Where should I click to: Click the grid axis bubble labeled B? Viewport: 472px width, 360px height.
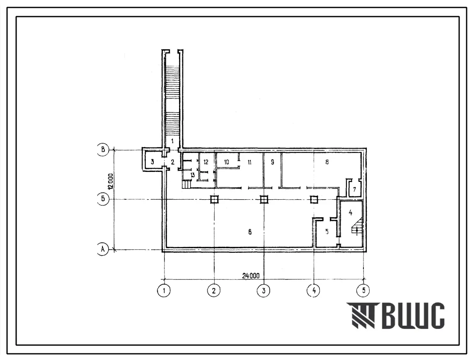103,150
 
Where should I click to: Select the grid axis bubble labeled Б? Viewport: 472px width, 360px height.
103,199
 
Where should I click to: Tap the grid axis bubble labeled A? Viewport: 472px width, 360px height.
103,249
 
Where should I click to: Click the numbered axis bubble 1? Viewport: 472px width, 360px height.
164,291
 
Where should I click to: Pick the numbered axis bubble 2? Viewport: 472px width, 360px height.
214,291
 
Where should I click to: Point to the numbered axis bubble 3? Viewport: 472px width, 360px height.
264,291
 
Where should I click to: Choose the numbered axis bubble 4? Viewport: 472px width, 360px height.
314,291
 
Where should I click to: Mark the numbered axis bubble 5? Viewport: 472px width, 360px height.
363,291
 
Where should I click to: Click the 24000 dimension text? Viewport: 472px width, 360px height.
251,275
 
